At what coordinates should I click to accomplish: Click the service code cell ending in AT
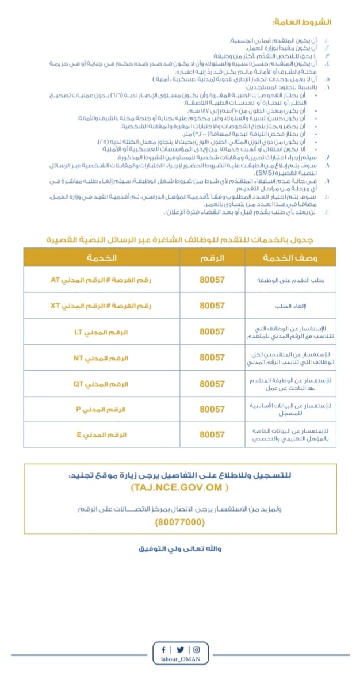click(102, 280)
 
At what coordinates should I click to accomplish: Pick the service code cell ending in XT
click(102, 306)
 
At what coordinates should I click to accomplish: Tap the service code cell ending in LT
click(102, 332)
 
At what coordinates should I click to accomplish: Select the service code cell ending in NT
click(102, 358)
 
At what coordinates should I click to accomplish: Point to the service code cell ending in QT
click(102, 383)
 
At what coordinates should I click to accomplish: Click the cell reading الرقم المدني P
click(102, 409)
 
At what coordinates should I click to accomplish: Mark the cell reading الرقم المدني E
click(102, 434)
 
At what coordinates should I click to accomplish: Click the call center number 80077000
click(179, 523)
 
